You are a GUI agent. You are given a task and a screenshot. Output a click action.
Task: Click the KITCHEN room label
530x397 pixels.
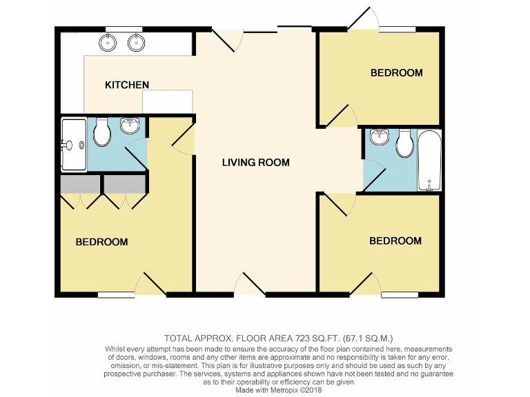(x=126, y=85)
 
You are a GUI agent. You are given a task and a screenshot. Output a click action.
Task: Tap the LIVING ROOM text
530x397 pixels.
(x=255, y=163)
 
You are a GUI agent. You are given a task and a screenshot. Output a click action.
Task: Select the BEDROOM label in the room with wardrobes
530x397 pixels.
(x=101, y=242)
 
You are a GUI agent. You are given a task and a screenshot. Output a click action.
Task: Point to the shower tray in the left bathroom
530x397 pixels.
(x=73, y=145)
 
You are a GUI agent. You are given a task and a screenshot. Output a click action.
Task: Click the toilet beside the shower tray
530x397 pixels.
(x=102, y=133)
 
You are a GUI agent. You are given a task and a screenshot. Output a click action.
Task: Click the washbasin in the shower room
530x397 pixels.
(x=129, y=125)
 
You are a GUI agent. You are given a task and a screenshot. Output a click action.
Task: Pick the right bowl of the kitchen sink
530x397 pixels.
(x=136, y=43)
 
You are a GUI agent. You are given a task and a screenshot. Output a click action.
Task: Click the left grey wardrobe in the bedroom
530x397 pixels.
(x=80, y=184)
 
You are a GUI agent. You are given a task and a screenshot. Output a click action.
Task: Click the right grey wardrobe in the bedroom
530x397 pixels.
(x=125, y=184)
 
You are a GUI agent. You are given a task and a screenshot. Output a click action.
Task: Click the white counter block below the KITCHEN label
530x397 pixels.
(x=167, y=101)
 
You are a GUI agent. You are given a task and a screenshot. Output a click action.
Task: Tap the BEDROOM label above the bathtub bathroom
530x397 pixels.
(x=396, y=72)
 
